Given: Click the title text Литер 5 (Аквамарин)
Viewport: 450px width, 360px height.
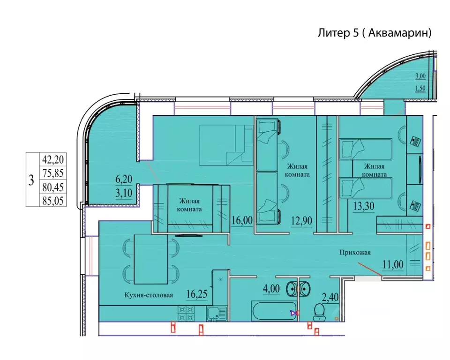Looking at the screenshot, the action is coord(374,33).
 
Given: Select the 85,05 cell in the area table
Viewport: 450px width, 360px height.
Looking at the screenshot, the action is coord(53,200).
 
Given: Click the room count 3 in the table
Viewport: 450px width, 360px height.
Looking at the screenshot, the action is coord(31,180).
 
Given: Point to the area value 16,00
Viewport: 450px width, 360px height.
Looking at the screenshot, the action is coord(242,220).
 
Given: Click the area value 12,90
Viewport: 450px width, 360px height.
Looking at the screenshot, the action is coord(301,221).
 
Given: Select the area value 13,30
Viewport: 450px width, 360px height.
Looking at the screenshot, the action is coord(364,206).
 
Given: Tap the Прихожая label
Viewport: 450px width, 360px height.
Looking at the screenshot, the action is coord(355,253).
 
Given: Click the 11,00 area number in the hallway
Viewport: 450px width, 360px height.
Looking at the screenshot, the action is coord(393,264).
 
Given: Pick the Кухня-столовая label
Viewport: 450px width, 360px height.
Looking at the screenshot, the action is coord(149,295).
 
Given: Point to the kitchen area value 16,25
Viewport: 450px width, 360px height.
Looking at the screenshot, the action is coord(196,294).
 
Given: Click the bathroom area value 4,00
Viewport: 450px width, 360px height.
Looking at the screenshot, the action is coord(271,289).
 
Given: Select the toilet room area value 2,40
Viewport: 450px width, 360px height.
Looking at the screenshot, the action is coord(330,297).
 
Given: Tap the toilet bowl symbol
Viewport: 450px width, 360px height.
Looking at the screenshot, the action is coord(319,312).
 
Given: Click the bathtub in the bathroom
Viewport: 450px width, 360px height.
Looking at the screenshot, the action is coord(273,311).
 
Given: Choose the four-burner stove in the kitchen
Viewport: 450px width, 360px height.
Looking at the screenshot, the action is coord(186,314).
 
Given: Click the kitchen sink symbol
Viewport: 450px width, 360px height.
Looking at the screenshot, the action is coord(217,314).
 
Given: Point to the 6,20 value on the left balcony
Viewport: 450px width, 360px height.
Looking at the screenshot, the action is coord(124,179).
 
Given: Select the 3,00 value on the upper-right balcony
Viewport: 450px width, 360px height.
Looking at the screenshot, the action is coord(420,76).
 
